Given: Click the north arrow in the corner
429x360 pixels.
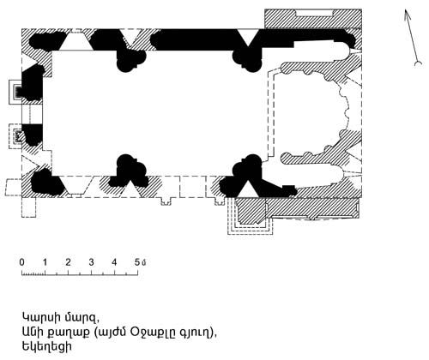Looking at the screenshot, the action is tap(412, 37).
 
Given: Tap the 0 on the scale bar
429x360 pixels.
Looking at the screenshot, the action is tap(22, 262).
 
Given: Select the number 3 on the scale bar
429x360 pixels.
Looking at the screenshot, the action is tap(91, 262).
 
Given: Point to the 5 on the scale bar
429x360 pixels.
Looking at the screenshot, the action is tap(137, 262).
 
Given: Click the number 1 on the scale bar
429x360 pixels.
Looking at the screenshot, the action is tap(45, 262).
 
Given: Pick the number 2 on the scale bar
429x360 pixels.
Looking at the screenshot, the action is tap(68, 262).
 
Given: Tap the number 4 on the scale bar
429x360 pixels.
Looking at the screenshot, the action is tap(114, 262).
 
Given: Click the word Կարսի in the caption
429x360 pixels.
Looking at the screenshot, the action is tap(39, 317).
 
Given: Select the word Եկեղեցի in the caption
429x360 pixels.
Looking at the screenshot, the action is tap(46, 347).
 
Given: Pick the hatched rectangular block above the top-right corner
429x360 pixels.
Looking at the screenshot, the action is tap(313, 19).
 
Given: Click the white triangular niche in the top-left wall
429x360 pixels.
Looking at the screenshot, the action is tap(76, 41).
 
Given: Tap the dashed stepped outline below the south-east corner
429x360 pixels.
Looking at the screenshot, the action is tap(250, 217).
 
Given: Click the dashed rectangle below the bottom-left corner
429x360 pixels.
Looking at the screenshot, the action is tap(29, 207).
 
